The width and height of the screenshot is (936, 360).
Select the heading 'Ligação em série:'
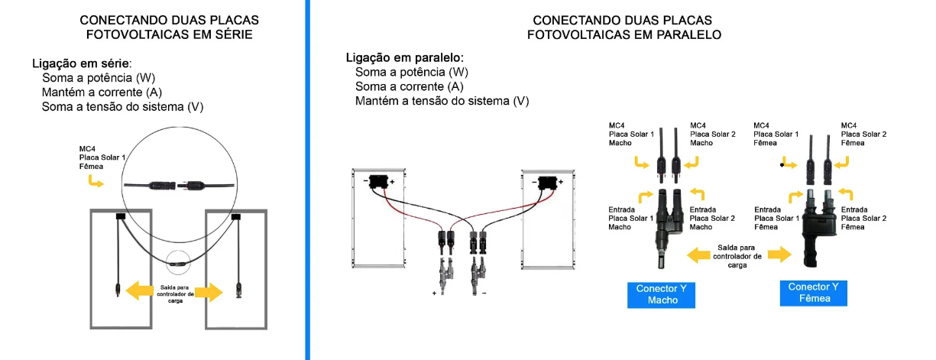click(x=82, y=64)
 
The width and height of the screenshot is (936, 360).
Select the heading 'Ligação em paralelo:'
click(x=405, y=57)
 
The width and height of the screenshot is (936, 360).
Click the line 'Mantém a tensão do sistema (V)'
click(x=442, y=101)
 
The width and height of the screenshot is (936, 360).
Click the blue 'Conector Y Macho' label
click(x=662, y=294)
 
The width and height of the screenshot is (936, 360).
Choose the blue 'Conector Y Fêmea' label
click(x=814, y=292)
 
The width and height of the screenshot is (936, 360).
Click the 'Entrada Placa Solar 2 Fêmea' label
click(x=863, y=218)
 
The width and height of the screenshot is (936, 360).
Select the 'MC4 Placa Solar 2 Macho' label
click(x=712, y=134)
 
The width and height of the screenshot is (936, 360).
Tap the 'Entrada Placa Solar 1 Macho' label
click(x=631, y=218)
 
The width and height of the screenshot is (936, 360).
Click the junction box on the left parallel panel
click(x=377, y=182)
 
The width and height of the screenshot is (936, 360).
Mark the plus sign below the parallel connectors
click(x=435, y=293)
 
